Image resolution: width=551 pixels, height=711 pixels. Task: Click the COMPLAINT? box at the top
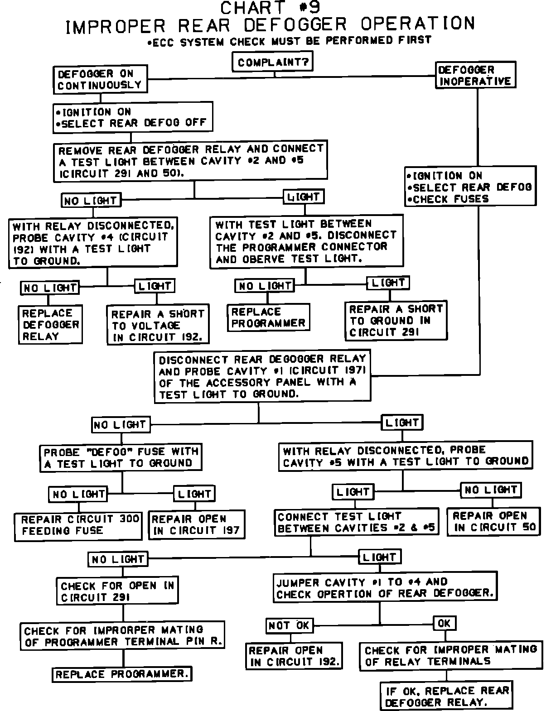[273, 62]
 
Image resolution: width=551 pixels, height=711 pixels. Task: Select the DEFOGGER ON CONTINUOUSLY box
[100, 79]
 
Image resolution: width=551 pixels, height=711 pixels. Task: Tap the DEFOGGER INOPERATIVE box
[475, 76]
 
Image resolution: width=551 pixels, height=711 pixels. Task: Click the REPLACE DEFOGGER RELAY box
[51, 325]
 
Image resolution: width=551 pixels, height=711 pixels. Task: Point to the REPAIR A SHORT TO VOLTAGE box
[158, 325]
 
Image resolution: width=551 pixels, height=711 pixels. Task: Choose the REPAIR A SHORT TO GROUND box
[396, 321]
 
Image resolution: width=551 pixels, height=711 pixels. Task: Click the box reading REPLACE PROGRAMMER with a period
[122, 674]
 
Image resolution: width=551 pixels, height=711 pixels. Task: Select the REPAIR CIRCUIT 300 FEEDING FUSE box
[78, 525]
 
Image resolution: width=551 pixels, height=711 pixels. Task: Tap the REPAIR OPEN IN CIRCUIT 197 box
[196, 525]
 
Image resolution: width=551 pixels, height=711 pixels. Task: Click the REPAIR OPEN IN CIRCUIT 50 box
[494, 522]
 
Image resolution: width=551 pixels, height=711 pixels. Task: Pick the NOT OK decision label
[289, 625]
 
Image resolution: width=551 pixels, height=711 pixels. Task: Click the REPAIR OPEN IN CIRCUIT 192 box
[294, 656]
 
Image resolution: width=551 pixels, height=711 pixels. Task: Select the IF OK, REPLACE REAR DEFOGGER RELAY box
[447, 697]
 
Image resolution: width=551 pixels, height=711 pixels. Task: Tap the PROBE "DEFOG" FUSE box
[121, 457]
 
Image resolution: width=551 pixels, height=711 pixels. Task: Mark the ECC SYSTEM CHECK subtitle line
[289, 41]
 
